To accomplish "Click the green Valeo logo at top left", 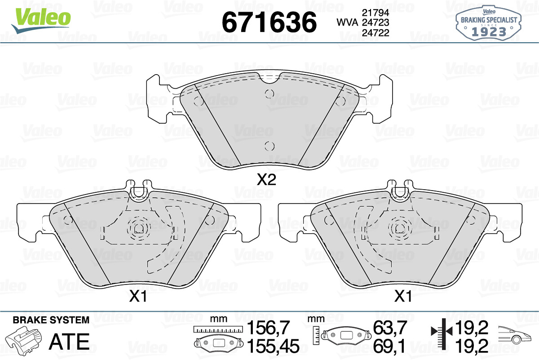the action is (x=41, y=21).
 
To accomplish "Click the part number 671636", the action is (x=269, y=22).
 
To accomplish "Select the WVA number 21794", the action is (x=376, y=13).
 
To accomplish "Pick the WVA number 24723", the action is (x=376, y=22).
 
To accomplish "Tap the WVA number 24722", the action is (x=376, y=33).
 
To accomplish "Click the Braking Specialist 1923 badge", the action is (x=489, y=23).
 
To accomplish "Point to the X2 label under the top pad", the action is (x=266, y=180).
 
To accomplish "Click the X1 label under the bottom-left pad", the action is (x=138, y=296).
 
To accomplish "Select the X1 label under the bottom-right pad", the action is (x=403, y=296).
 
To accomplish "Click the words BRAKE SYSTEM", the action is (x=51, y=320).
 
